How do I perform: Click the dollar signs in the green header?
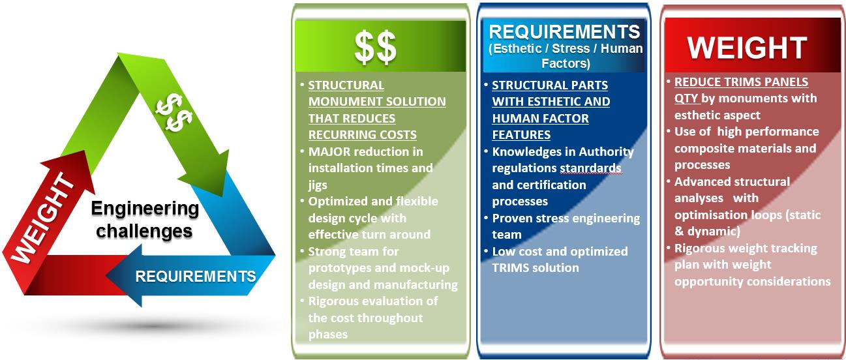tap(375, 48)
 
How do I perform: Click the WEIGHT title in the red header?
tap(747, 48)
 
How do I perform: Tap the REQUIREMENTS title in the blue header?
tap(564, 32)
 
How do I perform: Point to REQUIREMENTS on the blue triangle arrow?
tap(196, 277)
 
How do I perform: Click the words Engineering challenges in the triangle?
tap(145, 220)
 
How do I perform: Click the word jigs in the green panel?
tap(318, 185)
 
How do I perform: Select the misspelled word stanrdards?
tap(590, 168)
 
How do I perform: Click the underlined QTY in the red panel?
tap(686, 98)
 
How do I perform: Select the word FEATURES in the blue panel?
tap(521, 135)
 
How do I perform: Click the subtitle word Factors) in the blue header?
tap(566, 63)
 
